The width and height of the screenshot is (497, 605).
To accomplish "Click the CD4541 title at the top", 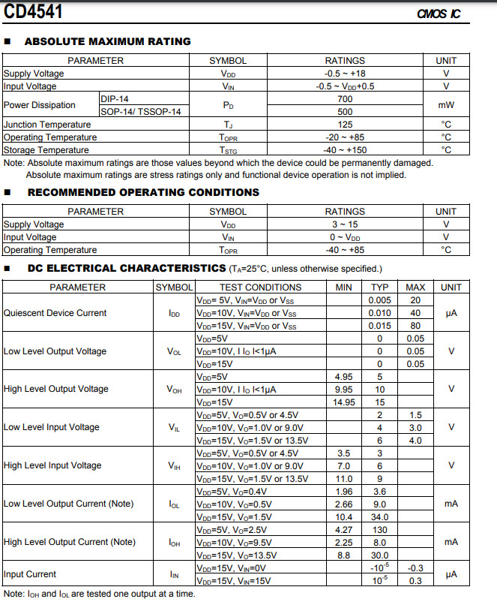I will (34, 12).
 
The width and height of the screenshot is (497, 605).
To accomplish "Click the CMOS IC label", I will (439, 14).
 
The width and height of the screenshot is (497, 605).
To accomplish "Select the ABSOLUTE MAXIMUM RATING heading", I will (108, 42).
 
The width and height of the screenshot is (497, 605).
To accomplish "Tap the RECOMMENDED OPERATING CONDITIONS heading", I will (143, 193).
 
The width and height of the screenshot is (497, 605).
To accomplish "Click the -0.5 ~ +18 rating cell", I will (345, 74).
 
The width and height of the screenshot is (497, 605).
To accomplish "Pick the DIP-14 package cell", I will (114, 99).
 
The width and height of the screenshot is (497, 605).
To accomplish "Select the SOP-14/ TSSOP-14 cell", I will (141, 112).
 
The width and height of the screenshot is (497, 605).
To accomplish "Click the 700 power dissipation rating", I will (345, 99).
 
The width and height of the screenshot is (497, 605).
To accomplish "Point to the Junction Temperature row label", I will (47, 125).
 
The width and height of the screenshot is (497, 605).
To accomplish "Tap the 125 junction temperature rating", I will (345, 125).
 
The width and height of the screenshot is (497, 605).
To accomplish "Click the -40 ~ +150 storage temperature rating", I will (345, 150).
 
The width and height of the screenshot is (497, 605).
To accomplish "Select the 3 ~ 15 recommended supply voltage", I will (345, 224).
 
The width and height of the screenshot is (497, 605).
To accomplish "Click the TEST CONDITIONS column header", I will (260, 287).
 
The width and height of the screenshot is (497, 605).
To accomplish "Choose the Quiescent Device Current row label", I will (55, 313).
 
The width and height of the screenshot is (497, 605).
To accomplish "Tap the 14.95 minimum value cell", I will (344, 402).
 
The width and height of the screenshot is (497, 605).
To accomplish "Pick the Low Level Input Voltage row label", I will (52, 427).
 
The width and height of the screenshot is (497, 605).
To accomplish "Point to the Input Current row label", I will (30, 574).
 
